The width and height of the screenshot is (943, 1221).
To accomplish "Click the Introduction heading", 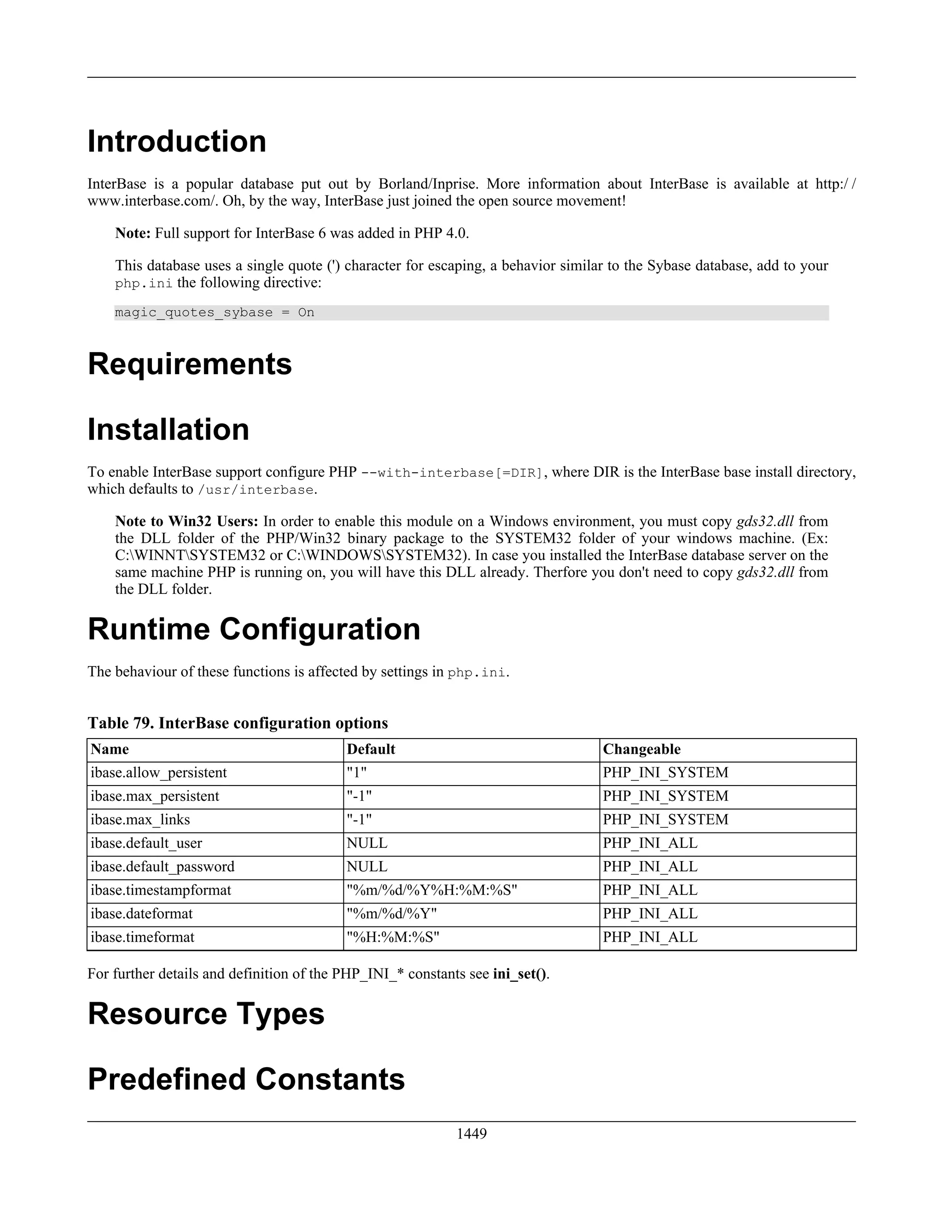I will pyautogui.click(x=176, y=141).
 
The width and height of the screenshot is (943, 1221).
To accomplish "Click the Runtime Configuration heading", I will pyautogui.click(x=254, y=629).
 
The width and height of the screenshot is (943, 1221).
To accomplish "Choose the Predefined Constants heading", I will pyautogui.click(x=246, y=1079).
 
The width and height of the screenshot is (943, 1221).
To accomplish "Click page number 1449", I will pyautogui.click(x=471, y=1134).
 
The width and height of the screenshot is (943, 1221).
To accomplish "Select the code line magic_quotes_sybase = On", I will pyautogui.click(x=215, y=312).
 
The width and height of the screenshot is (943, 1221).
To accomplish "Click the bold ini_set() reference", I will pyautogui.click(x=519, y=974).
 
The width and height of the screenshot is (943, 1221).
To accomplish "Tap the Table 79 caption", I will pyautogui.click(x=238, y=723).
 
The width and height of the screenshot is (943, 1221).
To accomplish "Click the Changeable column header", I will pyautogui.click(x=641, y=749).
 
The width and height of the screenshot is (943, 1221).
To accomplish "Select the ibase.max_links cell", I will pyautogui.click(x=140, y=820).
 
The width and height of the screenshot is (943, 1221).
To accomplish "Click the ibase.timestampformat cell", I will pyautogui.click(x=161, y=890).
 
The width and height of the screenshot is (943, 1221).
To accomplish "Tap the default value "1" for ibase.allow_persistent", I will pyautogui.click(x=356, y=773).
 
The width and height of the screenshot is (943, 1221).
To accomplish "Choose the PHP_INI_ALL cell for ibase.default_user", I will pyautogui.click(x=650, y=843).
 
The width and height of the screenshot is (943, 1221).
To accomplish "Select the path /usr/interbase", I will pyautogui.click(x=256, y=490).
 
